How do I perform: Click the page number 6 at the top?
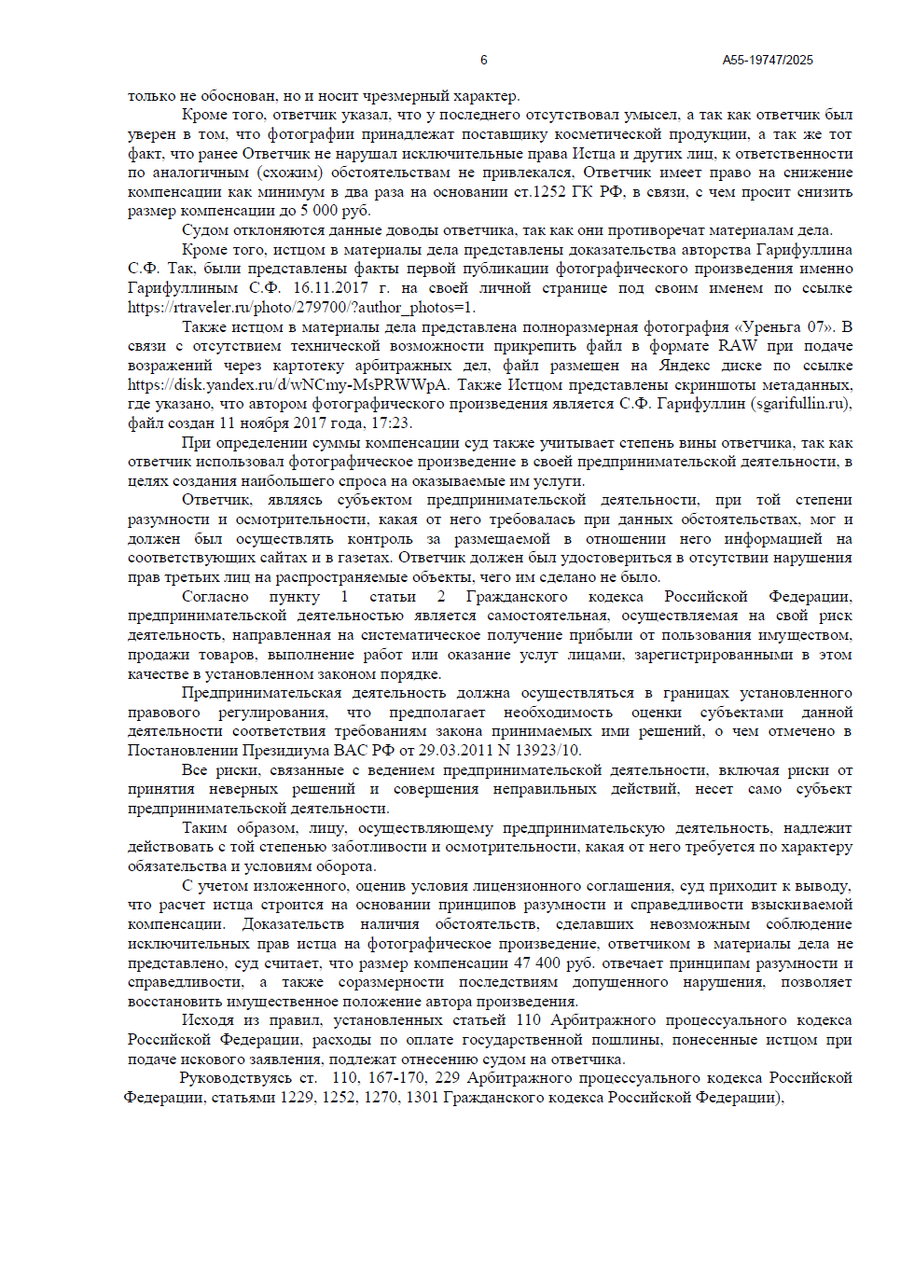point(483,60)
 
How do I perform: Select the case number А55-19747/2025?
point(767,60)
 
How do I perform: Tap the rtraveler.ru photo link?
point(301,308)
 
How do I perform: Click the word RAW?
point(738,346)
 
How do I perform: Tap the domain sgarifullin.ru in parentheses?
point(801,404)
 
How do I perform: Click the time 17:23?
point(391,423)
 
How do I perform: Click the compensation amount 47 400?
point(536,963)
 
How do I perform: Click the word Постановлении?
point(183,751)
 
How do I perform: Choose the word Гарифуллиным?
point(182,288)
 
